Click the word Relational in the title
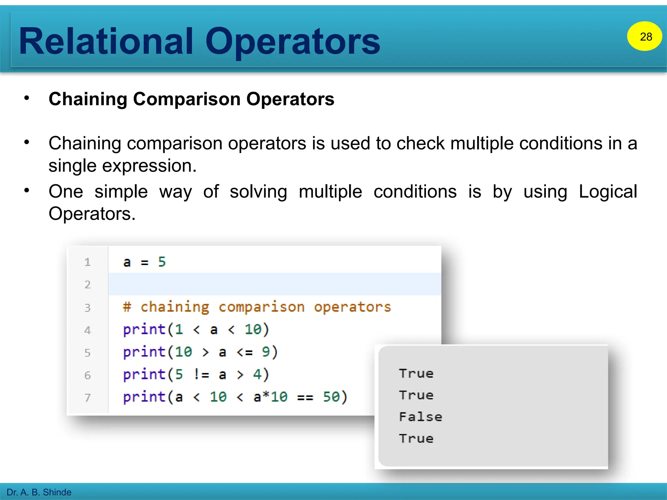(106, 41)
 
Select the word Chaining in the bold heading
(87, 99)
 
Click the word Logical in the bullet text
(608, 191)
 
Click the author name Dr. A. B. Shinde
(39, 492)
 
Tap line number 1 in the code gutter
(87, 262)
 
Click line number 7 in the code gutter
(87, 397)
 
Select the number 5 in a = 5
(162, 262)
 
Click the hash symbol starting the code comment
(127, 307)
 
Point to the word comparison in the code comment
(262, 307)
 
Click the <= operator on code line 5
(244, 352)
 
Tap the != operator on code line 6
(201, 375)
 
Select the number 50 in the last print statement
(331, 397)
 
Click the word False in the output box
(420, 417)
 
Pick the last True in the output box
(416, 439)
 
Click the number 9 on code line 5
(266, 352)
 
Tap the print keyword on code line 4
(144, 330)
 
